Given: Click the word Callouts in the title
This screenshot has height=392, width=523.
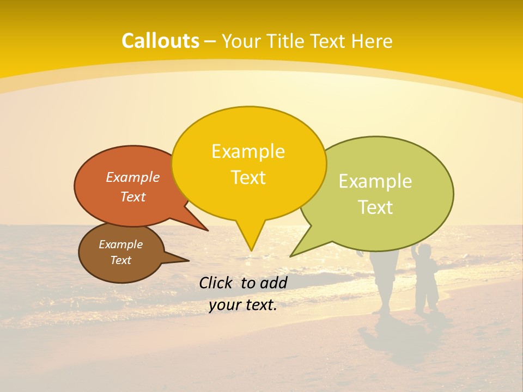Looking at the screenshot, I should (160, 41).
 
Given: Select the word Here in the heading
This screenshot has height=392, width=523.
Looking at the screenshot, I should (371, 41).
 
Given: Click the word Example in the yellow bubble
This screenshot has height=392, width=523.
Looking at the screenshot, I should (248, 151).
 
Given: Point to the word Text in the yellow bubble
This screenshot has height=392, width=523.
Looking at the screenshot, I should (248, 177).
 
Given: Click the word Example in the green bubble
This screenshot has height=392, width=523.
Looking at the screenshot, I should (375, 181).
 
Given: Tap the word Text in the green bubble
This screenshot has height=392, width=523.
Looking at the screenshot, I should (375, 207).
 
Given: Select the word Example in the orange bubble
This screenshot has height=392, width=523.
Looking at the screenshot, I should (132, 177).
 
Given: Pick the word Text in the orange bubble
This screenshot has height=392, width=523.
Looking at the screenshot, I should (132, 197).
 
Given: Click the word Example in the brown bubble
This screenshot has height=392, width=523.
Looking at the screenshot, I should (120, 244).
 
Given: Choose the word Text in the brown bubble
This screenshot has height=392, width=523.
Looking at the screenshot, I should (120, 260).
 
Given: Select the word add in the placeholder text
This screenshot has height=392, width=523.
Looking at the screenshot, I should (273, 283).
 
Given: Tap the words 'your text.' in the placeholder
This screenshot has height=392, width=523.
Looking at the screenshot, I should (242, 305).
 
